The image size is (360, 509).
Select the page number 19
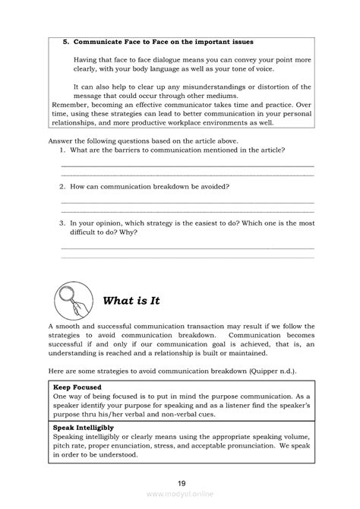point(180,482)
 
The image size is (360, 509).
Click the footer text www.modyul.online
point(180,493)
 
